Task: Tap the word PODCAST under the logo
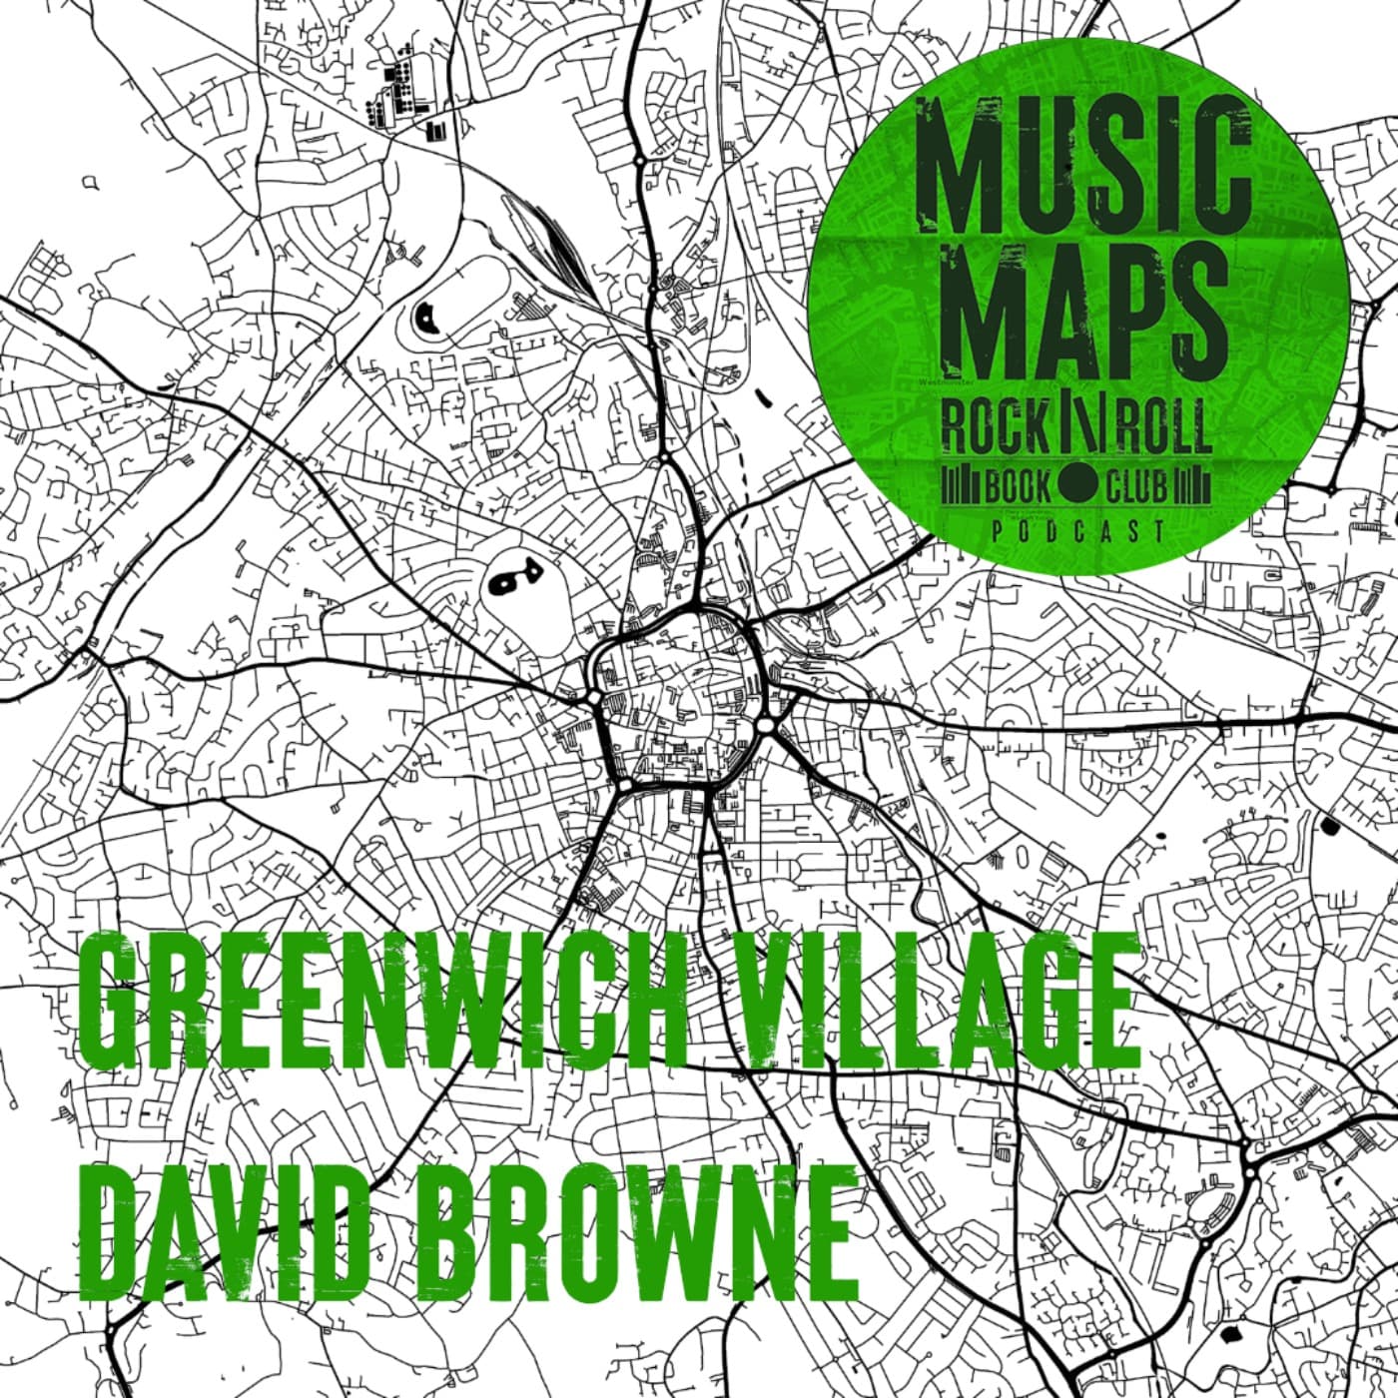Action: click(x=1078, y=531)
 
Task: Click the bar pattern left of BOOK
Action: click(x=962, y=487)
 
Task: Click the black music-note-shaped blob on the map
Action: click(x=512, y=578)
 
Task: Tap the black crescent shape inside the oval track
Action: click(x=427, y=319)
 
